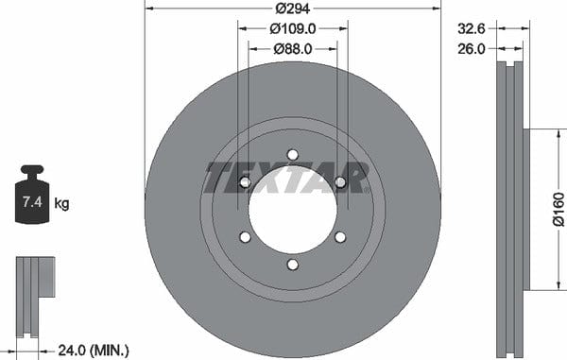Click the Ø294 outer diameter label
293,9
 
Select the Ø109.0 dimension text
293,28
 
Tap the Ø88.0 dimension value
293,49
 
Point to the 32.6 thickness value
472,28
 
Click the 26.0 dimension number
472,49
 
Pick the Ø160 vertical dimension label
558,209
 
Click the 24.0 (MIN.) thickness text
94,350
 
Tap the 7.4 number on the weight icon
32,201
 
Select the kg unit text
61,204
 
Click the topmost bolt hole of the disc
293,155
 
